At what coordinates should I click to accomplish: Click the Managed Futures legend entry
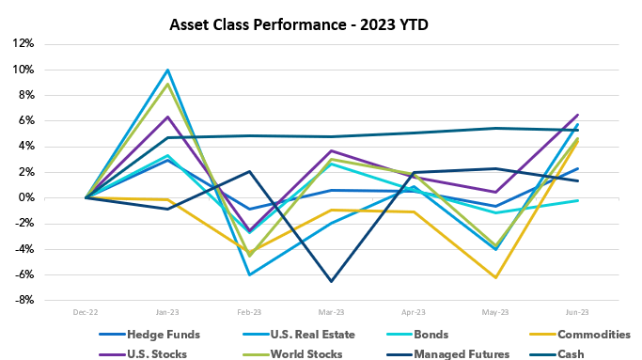click(x=450, y=353)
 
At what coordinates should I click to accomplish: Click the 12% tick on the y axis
click(x=22, y=44)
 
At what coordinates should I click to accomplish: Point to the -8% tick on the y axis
click(x=22, y=300)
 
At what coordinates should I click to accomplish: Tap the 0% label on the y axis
click(x=25, y=198)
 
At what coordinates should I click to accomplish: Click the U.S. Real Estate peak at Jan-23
click(x=167, y=70)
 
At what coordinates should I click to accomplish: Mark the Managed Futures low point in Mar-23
click(x=332, y=281)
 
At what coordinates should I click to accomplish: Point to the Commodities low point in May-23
click(x=496, y=277)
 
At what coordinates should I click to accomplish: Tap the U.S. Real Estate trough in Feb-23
click(x=250, y=274)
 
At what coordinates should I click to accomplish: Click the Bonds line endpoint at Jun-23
click(x=578, y=200)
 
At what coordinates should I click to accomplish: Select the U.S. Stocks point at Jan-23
click(x=167, y=117)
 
